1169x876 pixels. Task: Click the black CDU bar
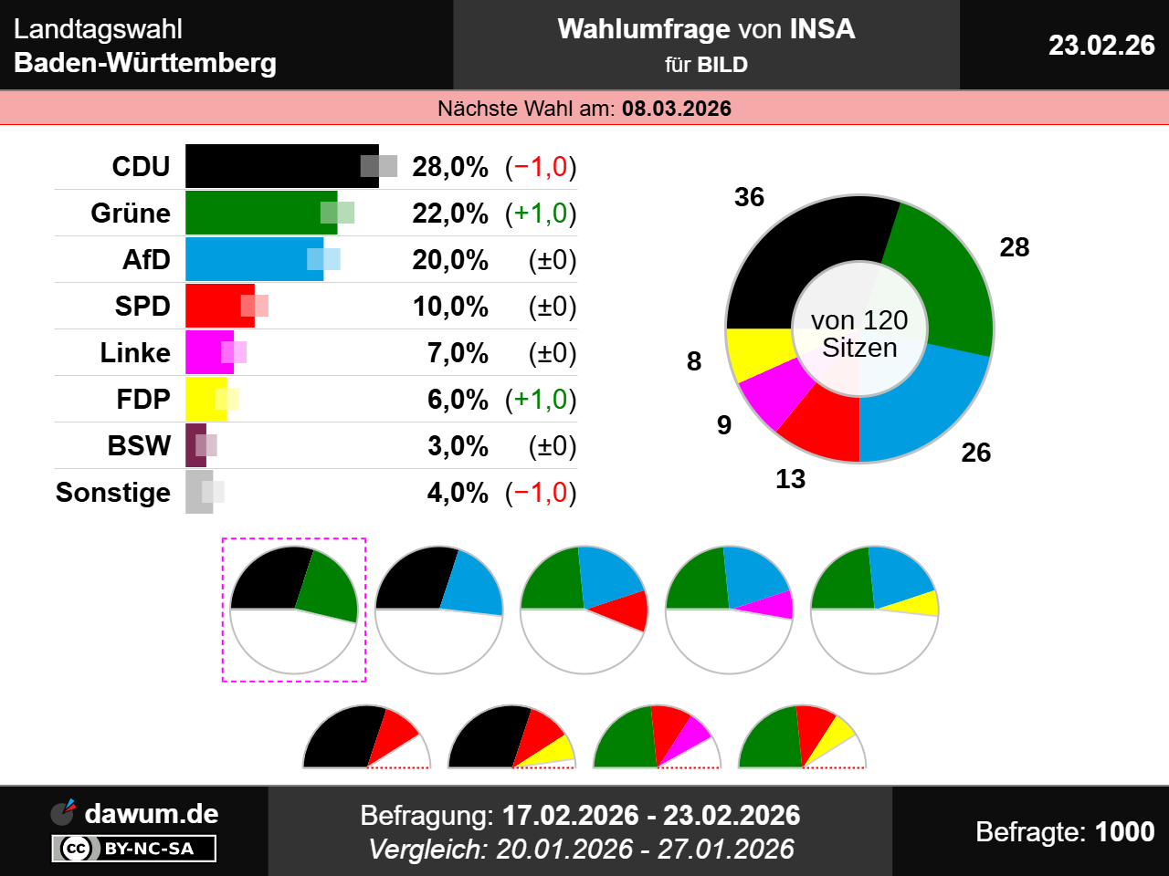pos(274,166)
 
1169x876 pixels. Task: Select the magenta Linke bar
pos(206,352)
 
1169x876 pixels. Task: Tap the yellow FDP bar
pos(203,399)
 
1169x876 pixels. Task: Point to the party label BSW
pos(139,445)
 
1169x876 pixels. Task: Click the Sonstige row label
pos(113,492)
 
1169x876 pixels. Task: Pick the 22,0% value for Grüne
pos(450,214)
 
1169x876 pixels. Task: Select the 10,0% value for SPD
pos(450,307)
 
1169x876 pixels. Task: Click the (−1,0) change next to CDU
pos(541,167)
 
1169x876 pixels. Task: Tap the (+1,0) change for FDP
pos(541,400)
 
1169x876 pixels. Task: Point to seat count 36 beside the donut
pos(749,197)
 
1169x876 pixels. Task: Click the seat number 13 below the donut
pos(790,479)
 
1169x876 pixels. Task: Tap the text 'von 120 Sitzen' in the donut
pos(859,334)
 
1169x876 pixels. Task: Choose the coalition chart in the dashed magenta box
pos(294,610)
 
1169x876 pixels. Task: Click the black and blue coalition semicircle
pos(439,610)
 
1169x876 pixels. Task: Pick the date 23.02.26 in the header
pos(1101,45)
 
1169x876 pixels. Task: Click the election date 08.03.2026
pos(677,109)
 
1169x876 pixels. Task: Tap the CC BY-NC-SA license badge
pos(134,849)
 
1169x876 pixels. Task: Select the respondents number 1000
pos(1124,831)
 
